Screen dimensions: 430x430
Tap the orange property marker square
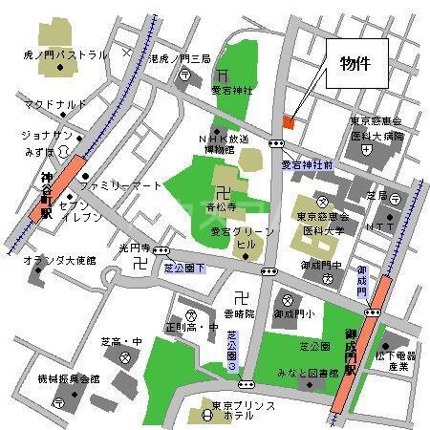289,122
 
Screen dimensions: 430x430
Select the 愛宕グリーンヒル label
234,237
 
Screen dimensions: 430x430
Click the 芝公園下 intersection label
182,270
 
